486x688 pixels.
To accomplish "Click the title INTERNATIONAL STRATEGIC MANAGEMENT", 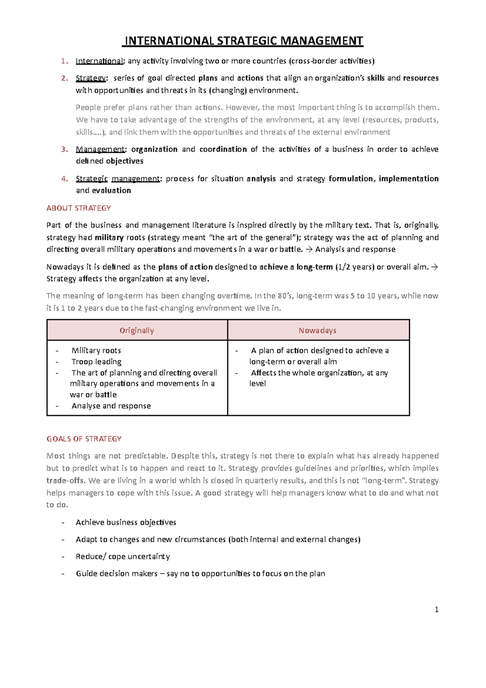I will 243,41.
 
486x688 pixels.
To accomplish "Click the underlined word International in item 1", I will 100,61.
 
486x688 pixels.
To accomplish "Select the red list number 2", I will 64,78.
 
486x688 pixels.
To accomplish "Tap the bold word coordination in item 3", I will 223,149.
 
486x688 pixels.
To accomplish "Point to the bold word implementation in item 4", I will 408,179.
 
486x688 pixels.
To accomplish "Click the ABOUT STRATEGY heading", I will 79,208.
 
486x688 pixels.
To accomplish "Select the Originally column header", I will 136,331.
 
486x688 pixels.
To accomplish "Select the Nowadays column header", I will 318,331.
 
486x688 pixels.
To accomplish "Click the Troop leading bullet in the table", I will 96,362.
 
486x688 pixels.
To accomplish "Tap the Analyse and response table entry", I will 111,406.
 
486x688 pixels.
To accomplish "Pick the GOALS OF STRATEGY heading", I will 84,439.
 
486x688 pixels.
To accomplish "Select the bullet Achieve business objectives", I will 126,522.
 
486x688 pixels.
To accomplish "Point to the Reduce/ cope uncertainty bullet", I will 123,556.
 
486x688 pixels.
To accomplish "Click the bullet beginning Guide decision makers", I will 200,573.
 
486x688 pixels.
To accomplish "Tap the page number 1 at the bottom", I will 436,609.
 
